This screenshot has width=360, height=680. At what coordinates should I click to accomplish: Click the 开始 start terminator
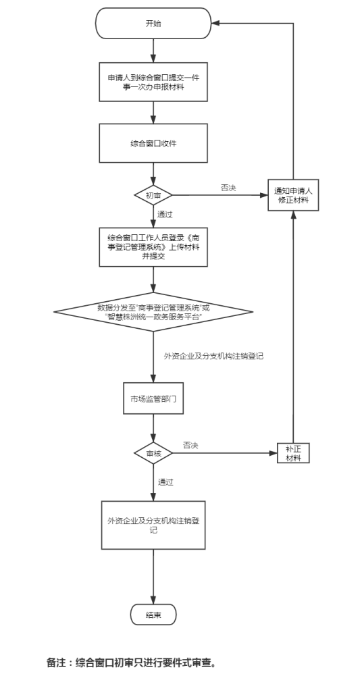click(153, 24)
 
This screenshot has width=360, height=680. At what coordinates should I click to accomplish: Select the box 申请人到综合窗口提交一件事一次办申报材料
click(153, 82)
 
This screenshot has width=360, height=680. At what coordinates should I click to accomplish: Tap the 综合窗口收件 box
click(153, 144)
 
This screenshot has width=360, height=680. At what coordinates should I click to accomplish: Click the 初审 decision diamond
click(153, 195)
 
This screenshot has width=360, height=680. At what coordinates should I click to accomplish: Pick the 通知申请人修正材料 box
click(293, 195)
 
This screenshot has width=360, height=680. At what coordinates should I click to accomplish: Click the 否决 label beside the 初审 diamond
click(228, 188)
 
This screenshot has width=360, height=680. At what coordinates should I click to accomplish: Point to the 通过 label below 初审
click(165, 214)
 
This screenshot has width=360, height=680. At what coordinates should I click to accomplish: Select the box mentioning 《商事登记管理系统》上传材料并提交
click(153, 247)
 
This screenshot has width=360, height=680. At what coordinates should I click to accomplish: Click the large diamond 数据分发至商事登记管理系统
click(153, 312)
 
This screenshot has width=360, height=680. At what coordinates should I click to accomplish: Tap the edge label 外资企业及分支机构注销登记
click(214, 357)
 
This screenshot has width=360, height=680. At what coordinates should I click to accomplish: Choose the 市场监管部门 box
click(153, 398)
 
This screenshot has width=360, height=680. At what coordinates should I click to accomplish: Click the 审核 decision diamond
click(153, 454)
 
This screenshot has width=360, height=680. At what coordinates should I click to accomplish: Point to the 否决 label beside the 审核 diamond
click(191, 446)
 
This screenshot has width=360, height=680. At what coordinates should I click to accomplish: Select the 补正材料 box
click(293, 453)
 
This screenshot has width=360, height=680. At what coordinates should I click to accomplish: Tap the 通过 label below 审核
click(165, 482)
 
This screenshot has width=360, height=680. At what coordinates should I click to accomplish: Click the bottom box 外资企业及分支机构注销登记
click(153, 525)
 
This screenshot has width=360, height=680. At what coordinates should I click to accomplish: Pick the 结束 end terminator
click(153, 614)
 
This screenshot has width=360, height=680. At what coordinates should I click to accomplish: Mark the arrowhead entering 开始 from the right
click(215, 24)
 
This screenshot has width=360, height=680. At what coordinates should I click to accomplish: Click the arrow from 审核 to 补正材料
click(225, 454)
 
